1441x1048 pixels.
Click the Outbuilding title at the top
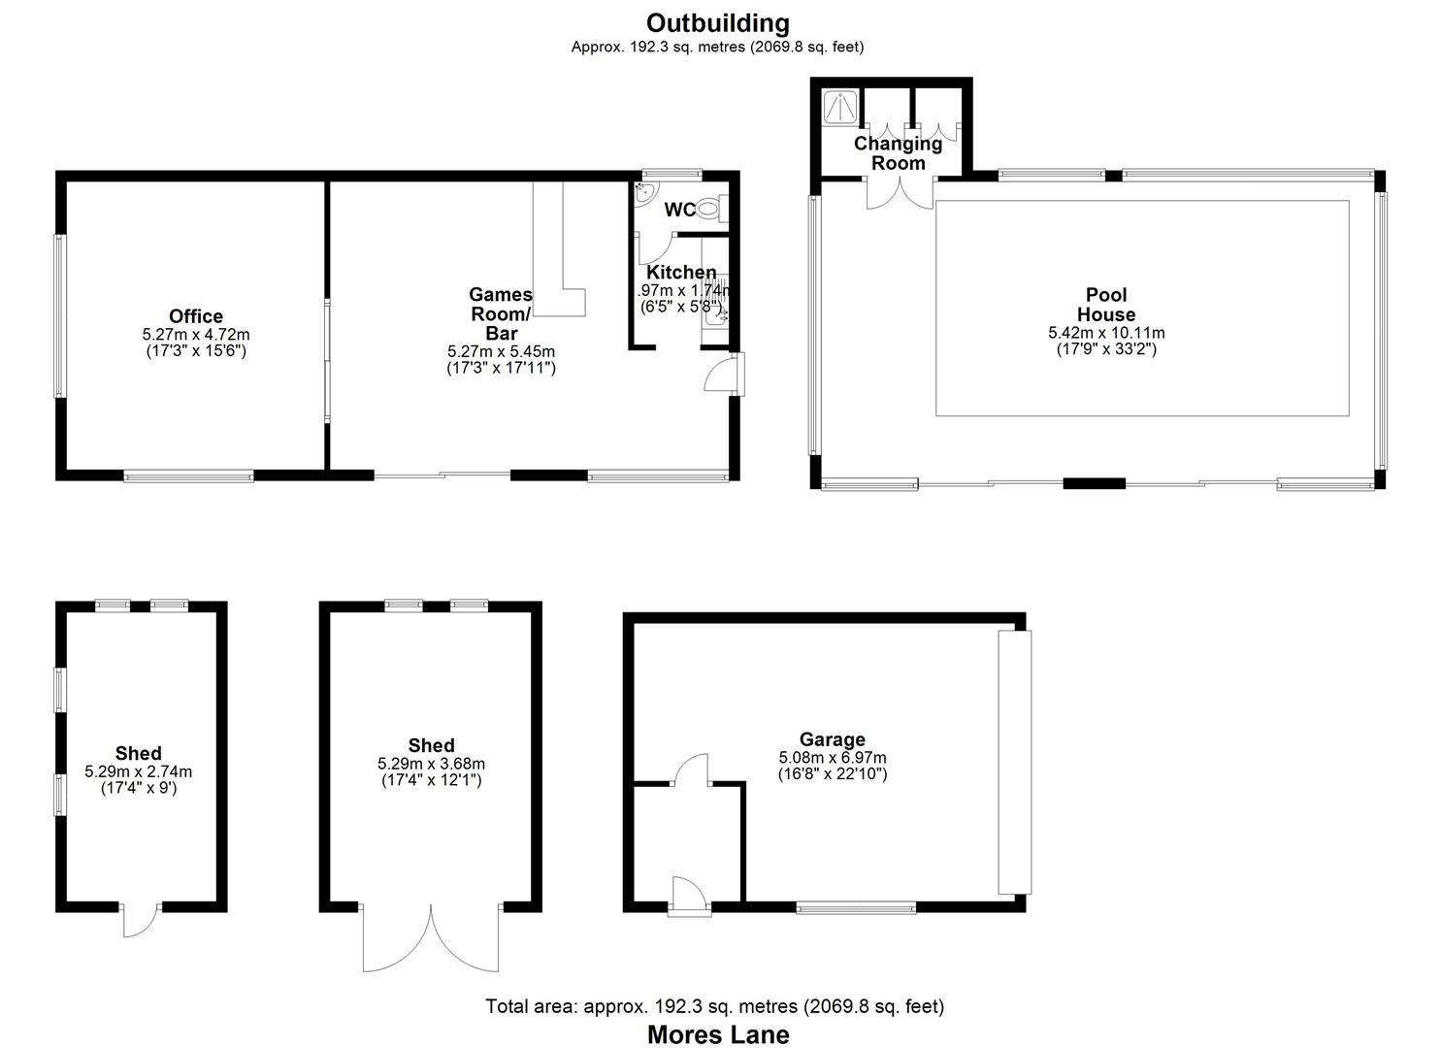(718, 22)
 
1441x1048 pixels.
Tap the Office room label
(196, 316)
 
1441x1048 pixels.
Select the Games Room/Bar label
(501, 313)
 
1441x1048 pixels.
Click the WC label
(679, 210)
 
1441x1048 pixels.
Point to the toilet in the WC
(709, 207)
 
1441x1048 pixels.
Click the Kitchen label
(681, 273)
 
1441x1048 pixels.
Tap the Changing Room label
(898, 153)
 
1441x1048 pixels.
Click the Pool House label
(1106, 305)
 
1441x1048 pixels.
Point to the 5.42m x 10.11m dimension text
(1106, 333)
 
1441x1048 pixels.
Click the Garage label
(832, 739)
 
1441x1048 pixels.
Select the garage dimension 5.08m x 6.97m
(832, 758)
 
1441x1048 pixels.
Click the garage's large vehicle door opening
(1015, 762)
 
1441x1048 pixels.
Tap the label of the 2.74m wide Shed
(139, 753)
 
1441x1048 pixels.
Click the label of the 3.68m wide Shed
(431, 745)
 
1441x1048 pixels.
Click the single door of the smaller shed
(142, 920)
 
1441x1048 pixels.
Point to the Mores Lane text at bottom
(718, 1035)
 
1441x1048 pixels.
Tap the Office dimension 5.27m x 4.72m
(196, 334)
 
